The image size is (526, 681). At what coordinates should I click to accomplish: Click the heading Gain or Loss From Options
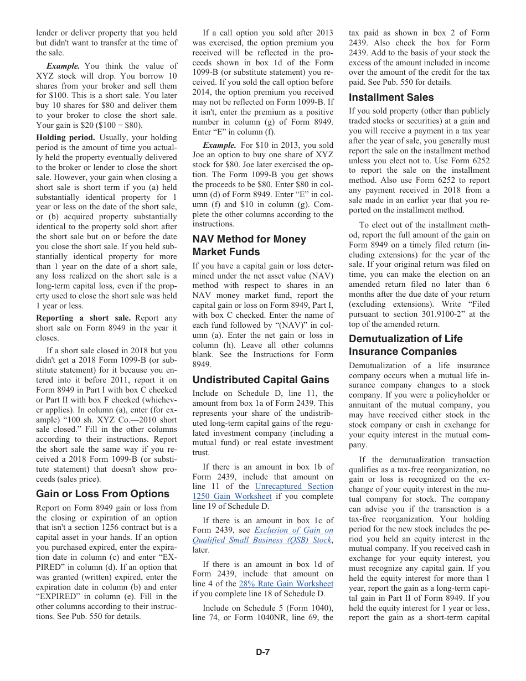pos(102,494)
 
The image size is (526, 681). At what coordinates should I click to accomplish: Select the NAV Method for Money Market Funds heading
pos(249,245)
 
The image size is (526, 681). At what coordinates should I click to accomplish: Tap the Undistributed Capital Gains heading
pos(260,380)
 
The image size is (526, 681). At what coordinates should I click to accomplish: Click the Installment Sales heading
pos(391,97)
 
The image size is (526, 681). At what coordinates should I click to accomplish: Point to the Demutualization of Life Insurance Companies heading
pos(405,345)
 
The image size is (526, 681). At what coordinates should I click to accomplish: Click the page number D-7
pos(262,652)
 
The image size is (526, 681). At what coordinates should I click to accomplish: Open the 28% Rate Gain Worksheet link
pos(286,584)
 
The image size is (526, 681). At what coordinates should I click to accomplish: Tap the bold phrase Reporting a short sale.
pos(83,318)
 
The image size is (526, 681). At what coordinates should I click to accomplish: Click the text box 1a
pos(274,404)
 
